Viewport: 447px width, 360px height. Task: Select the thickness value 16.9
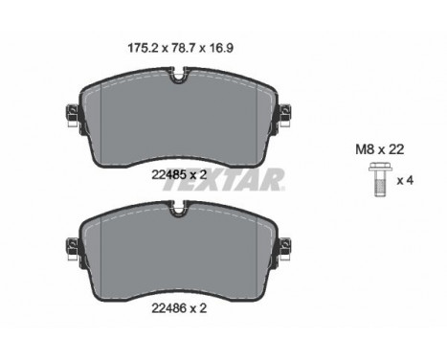222,48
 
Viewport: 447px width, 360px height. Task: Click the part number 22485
168,174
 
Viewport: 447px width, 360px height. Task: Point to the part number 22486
168,308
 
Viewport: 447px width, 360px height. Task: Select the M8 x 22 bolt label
380,149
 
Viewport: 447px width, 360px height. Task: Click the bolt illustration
379,179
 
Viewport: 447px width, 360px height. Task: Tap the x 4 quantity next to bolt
405,181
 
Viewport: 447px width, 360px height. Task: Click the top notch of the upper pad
179,76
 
